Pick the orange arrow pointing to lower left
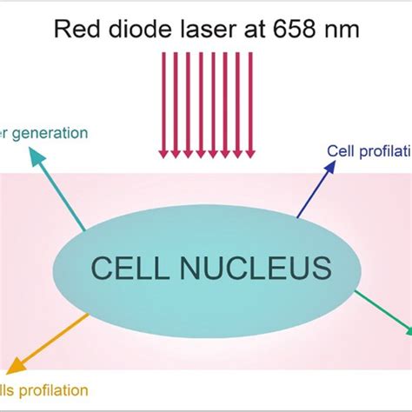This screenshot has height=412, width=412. [x=47, y=339]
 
